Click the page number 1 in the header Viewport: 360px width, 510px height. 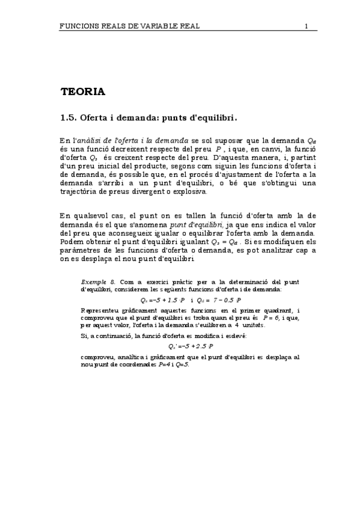click(x=307, y=26)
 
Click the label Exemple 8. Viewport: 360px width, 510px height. click(x=97, y=281)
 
